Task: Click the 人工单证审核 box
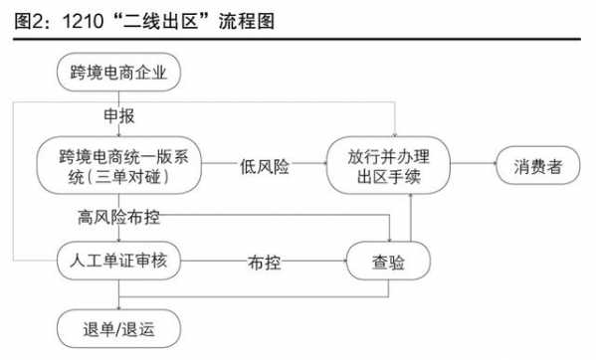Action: coord(119,263)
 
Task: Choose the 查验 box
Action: coord(388,263)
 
